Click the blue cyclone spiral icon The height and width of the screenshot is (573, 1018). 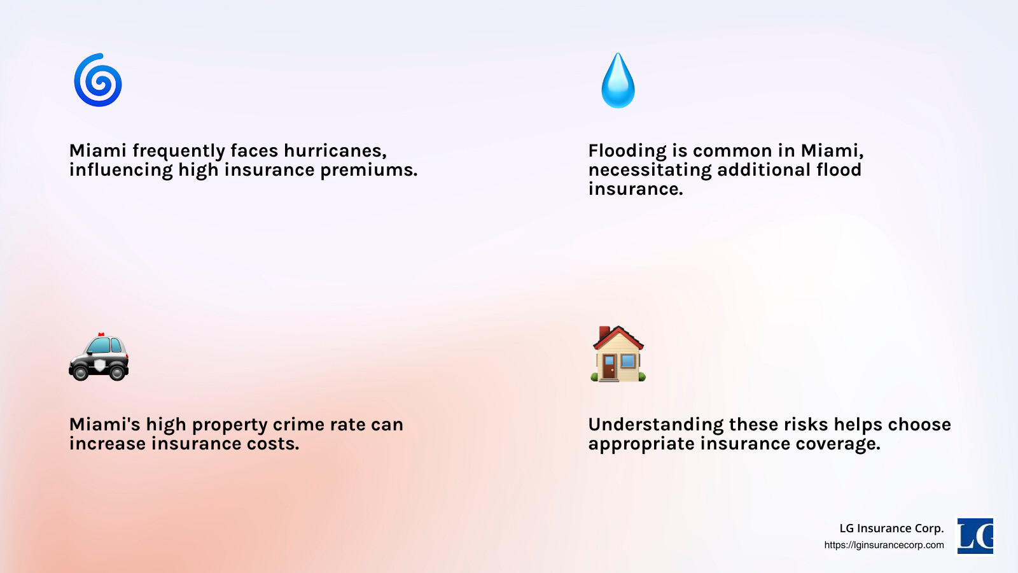(98, 80)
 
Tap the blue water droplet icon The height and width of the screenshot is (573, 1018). (618, 81)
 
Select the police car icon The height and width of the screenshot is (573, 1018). (99, 358)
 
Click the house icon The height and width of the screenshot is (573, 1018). (618, 354)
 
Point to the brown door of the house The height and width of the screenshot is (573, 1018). (609, 367)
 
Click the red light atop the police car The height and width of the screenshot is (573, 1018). (101, 334)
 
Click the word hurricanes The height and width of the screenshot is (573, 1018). (335, 151)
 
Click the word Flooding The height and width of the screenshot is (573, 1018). (627, 152)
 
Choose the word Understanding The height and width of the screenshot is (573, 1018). (655, 425)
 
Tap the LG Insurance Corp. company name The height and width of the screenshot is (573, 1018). (891, 528)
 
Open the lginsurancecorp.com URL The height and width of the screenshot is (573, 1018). (884, 545)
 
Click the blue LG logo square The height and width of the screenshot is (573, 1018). (975, 535)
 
